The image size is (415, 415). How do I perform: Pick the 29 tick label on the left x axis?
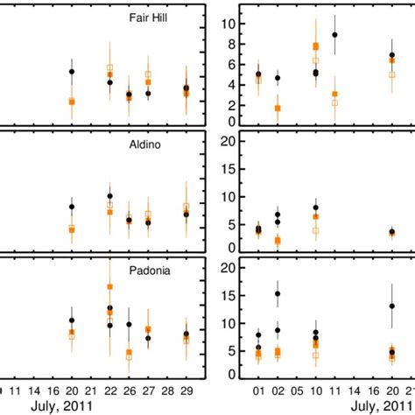[x=186, y=389]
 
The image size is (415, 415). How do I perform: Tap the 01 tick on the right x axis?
[x=258, y=389]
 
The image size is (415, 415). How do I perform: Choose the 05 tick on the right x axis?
[x=296, y=389]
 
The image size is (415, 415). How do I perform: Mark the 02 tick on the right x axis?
[x=278, y=389]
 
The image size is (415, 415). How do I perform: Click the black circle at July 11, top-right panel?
[x=334, y=35]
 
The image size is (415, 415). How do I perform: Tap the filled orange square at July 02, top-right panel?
[x=278, y=108]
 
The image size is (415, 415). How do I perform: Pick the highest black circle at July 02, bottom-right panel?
[x=278, y=294]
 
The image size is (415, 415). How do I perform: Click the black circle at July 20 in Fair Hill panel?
[x=72, y=72]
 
